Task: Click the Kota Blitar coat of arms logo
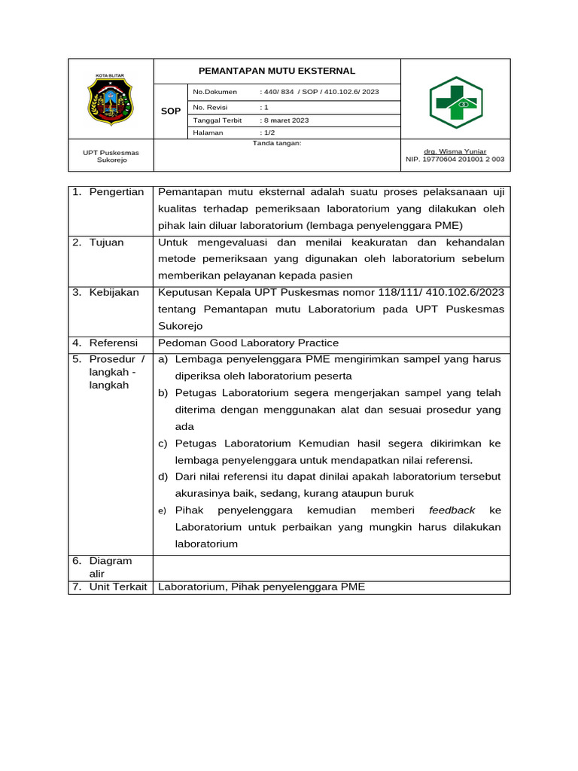tap(110, 99)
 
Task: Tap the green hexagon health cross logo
tap(455, 102)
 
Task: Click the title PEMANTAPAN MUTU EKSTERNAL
tap(276, 71)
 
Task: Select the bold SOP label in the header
tap(171, 111)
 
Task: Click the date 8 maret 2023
tap(285, 120)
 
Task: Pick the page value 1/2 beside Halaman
tap(268, 133)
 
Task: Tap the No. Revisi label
tap(210, 107)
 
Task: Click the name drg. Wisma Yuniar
tap(455, 151)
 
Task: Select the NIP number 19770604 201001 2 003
tap(455, 160)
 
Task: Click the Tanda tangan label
tap(277, 142)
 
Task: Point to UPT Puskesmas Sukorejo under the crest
tap(110, 156)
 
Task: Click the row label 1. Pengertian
tap(108, 193)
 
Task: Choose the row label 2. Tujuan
tap(99, 242)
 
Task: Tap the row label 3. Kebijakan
tap(106, 292)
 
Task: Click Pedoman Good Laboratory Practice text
tap(248, 343)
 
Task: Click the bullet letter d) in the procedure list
tap(163, 477)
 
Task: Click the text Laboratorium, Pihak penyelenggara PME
tap(261, 587)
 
